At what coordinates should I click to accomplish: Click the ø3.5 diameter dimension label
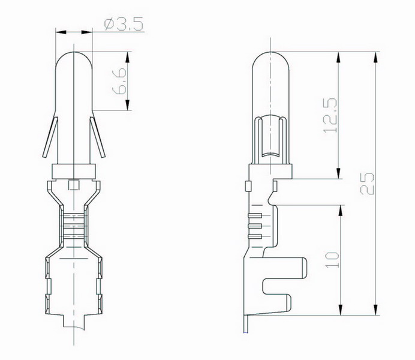click(x=124, y=24)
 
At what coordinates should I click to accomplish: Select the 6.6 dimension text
click(x=119, y=81)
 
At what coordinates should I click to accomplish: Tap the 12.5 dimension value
click(x=330, y=115)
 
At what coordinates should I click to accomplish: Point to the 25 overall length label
click(x=368, y=184)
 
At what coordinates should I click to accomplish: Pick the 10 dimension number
click(x=332, y=260)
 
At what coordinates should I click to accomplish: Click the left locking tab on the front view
click(x=50, y=137)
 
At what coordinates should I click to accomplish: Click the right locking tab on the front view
click(x=98, y=137)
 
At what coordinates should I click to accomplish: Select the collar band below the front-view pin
click(x=74, y=171)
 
